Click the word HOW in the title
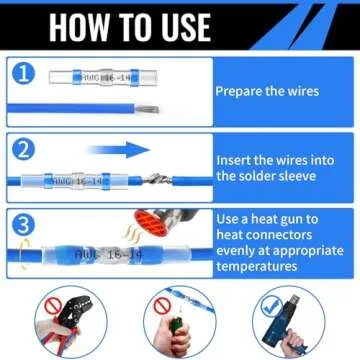84,27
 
